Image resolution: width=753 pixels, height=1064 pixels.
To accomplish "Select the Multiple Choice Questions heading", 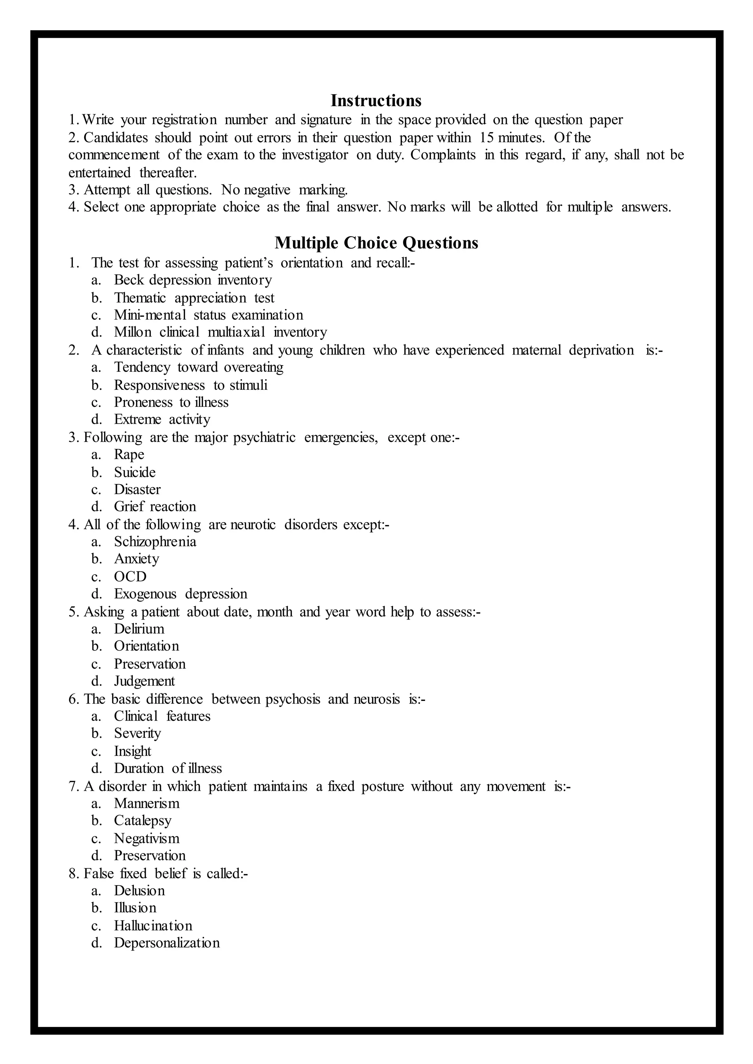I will point(376,243).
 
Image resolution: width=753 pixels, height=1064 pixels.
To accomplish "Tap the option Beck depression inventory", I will point(193,280).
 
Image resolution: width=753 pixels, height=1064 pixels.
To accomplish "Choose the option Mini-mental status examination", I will point(208,315).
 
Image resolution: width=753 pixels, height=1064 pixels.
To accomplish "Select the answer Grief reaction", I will point(155,507).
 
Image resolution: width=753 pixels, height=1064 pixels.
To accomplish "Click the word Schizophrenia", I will point(155,542).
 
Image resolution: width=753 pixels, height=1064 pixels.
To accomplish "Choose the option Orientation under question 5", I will point(147,646).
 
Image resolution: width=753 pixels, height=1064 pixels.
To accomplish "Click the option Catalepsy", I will point(143,821).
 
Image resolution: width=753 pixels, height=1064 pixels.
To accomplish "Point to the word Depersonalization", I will point(167,943).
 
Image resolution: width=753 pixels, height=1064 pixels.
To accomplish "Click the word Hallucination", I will point(153,925).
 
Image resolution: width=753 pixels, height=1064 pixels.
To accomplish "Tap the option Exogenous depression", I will point(181,594).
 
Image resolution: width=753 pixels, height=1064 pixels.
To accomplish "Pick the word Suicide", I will point(135,472).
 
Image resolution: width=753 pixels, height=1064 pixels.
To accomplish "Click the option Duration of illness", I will point(168,768).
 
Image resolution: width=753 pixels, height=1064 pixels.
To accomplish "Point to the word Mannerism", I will point(147,803).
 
